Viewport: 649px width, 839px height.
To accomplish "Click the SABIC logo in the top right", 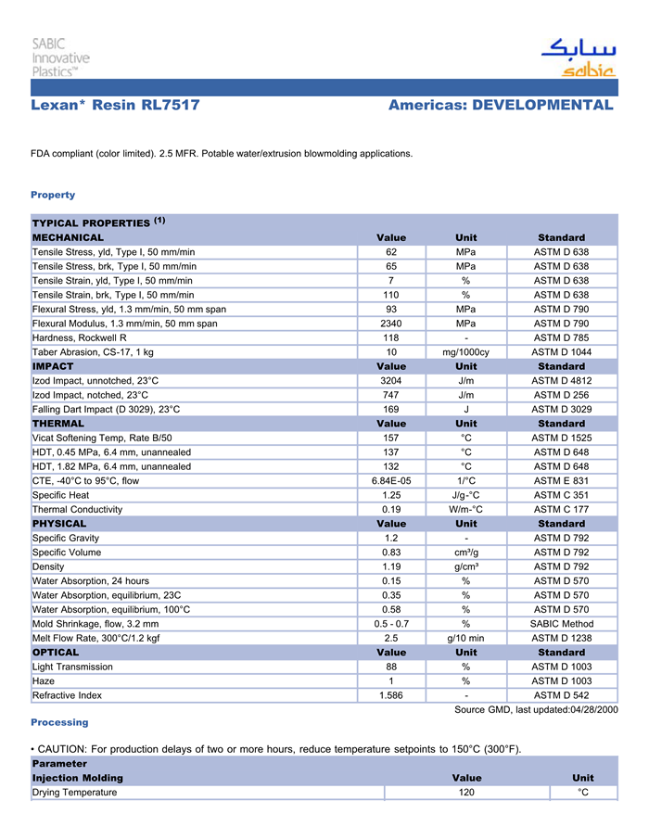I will tap(578, 57).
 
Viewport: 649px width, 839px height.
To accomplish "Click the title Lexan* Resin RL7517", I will tap(115, 105).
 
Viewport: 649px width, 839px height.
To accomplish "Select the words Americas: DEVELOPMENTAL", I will tap(501, 105).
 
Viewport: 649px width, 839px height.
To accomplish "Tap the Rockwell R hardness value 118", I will tap(391, 337).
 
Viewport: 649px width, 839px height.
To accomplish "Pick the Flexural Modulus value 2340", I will tap(391, 324).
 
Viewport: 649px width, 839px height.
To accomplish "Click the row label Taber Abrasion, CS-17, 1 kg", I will tap(93, 352).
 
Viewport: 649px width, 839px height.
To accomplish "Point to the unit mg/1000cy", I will tap(466, 352).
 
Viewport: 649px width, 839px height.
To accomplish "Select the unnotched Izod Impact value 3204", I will tap(391, 381).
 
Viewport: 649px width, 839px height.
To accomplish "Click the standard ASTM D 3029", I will tap(562, 409).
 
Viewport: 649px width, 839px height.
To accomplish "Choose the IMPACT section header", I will tap(53, 366).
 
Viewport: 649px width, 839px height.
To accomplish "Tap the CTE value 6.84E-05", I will tap(391, 480).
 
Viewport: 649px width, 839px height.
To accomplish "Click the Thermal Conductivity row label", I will tap(77, 509).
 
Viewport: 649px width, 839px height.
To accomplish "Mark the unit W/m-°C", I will tap(466, 509).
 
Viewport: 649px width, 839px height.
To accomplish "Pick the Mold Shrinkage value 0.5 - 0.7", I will tap(391, 624).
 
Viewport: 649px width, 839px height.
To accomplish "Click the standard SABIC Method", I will tap(562, 624).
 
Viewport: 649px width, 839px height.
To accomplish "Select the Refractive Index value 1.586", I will tap(391, 695).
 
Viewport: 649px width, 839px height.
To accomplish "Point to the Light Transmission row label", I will tap(72, 667).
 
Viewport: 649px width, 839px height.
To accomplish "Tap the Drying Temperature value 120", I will tap(466, 793).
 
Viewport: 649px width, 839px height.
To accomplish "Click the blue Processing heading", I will tap(59, 722).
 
